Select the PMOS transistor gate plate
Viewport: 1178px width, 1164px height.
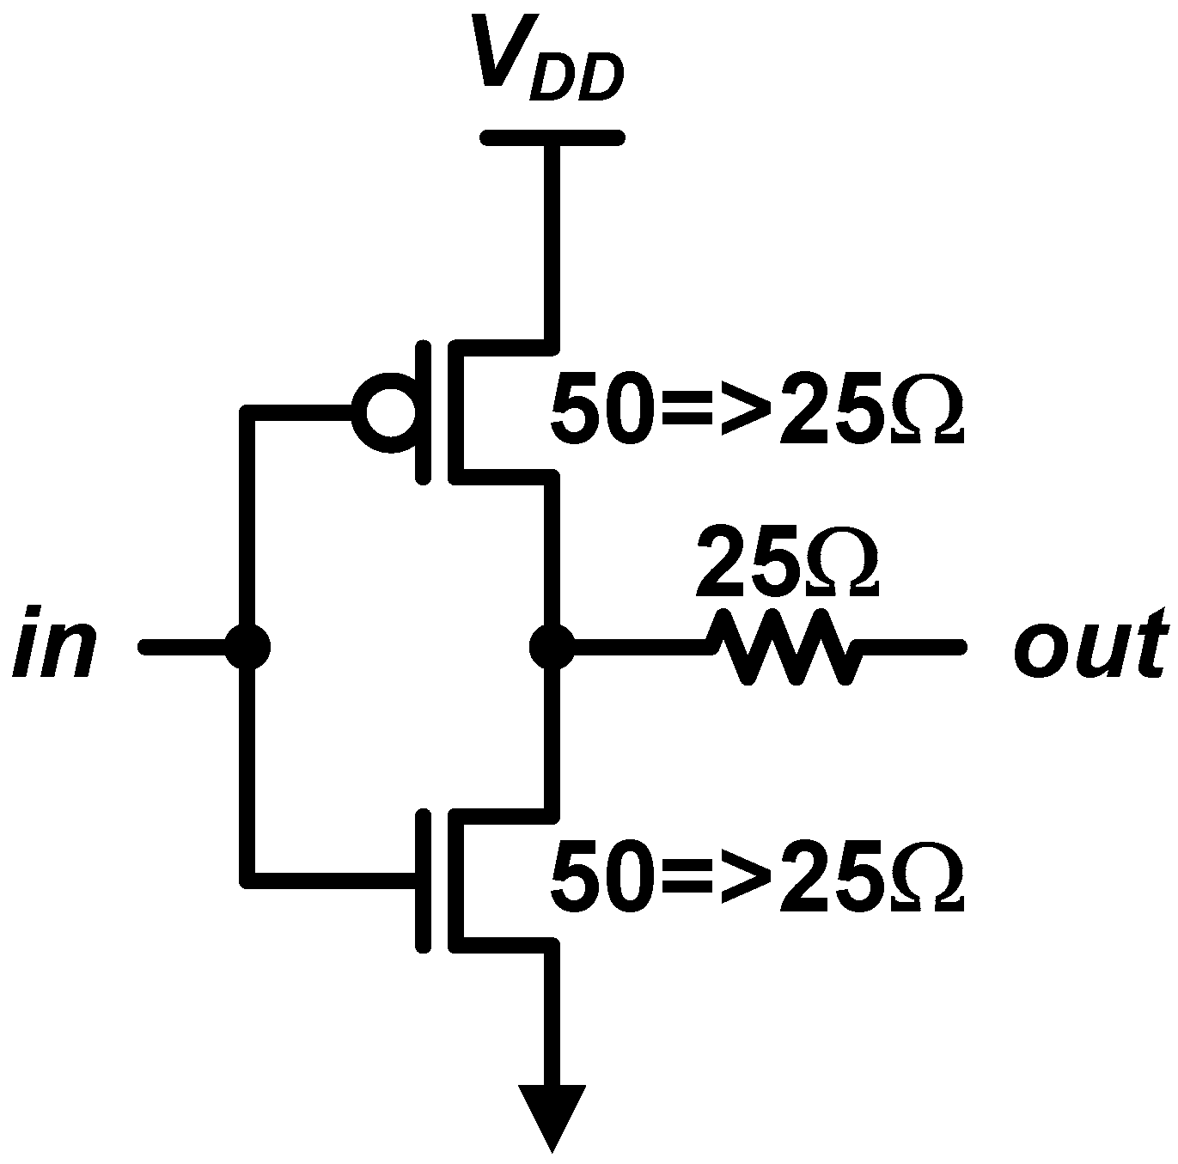(x=423, y=412)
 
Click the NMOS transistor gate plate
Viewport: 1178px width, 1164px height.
(x=423, y=880)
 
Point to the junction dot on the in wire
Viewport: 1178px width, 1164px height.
(x=248, y=647)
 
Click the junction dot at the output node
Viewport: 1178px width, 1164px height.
(x=551, y=647)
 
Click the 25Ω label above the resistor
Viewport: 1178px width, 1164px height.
(x=786, y=564)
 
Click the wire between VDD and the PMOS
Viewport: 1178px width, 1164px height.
(x=552, y=241)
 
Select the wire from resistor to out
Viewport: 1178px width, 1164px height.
(x=911, y=647)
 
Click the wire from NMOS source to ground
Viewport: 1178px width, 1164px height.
(x=552, y=1014)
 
